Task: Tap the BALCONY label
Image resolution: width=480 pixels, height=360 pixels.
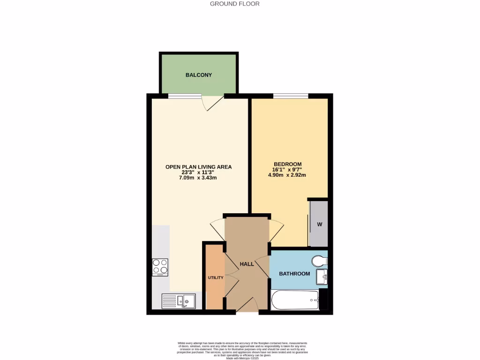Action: [x=199, y=75]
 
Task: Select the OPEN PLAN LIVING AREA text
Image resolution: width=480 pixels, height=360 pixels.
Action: [x=198, y=167]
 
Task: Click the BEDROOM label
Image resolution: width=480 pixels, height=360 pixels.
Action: [x=287, y=164]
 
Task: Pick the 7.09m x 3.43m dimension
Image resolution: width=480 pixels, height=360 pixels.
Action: [x=199, y=178]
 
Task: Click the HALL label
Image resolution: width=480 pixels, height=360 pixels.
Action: [x=247, y=264]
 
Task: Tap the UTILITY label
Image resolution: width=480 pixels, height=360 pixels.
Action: [x=216, y=277]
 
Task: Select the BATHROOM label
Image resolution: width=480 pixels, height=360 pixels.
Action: [x=294, y=274]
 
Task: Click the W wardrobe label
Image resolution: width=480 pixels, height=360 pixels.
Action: [x=320, y=224]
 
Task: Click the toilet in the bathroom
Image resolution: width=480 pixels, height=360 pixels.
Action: [x=320, y=261]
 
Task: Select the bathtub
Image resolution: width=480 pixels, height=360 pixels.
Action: [x=295, y=300]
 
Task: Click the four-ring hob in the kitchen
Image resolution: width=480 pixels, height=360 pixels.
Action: [x=160, y=267]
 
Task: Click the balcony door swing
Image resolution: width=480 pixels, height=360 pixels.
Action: [x=212, y=103]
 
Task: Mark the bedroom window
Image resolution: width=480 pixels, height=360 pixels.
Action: [x=291, y=96]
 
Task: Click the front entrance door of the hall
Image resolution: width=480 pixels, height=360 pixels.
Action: [x=247, y=307]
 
